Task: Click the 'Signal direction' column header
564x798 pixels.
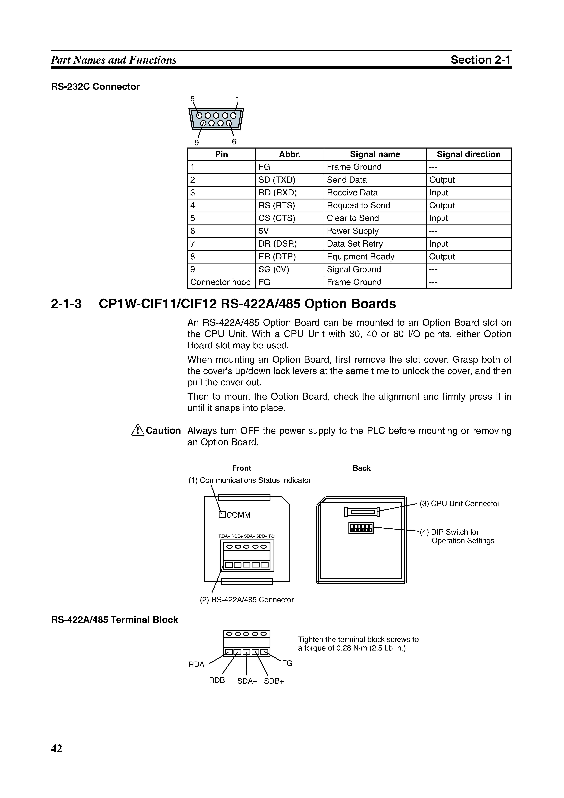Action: click(x=468, y=154)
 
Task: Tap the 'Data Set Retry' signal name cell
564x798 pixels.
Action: click(x=355, y=244)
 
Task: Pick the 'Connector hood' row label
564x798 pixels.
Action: click(x=220, y=282)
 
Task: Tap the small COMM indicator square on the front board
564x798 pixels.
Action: click(x=222, y=515)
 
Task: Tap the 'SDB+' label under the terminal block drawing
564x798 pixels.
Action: click(x=274, y=681)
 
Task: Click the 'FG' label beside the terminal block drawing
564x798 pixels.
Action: click(x=287, y=663)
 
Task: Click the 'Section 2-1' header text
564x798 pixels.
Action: click(x=481, y=60)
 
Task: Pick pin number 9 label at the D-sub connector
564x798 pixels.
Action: click(x=197, y=143)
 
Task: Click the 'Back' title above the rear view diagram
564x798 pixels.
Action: click(x=361, y=468)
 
